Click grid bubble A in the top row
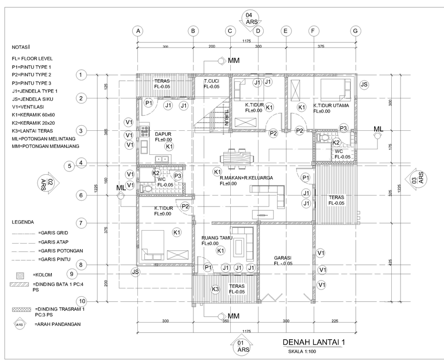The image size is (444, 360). coord(137,31)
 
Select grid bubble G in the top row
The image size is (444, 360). coord(355,31)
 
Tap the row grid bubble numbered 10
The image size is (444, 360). coord(81,301)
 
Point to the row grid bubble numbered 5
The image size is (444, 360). coord(69,165)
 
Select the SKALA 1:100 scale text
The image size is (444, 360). coord(301,351)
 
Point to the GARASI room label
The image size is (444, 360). coord(283,258)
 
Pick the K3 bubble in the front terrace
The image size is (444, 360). coord(215,289)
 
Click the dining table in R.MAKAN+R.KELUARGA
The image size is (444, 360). coord(238,157)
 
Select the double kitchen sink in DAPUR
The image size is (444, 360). coord(161,159)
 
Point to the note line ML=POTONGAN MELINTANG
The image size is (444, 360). coord(44,139)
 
